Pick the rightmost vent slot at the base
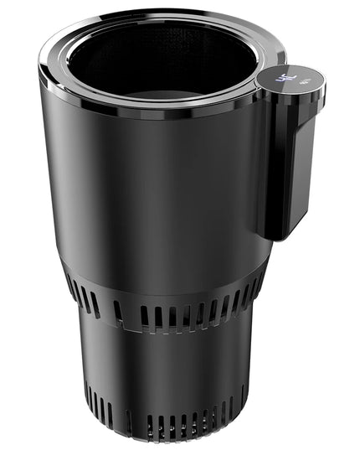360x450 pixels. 243,394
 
